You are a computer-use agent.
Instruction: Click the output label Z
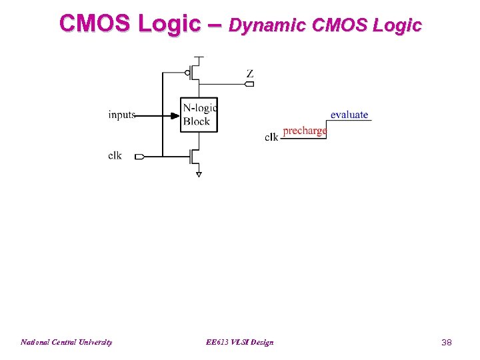pyautogui.click(x=250, y=73)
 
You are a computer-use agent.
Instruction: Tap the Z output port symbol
pyautogui.click(x=250, y=84)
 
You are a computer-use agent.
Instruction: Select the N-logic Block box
pyautogui.click(x=199, y=115)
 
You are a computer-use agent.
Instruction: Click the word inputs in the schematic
pyautogui.click(x=122, y=115)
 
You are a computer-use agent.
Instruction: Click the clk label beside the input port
pyautogui.click(x=115, y=156)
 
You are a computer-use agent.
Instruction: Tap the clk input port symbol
pyautogui.click(x=139, y=157)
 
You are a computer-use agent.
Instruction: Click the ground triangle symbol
pyautogui.click(x=199, y=174)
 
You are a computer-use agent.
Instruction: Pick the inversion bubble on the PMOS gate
pyautogui.click(x=187, y=72)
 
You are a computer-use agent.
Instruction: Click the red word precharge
pyautogui.click(x=305, y=131)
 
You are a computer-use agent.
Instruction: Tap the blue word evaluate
pyautogui.click(x=349, y=115)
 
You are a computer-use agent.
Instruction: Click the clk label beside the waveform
pyautogui.click(x=271, y=137)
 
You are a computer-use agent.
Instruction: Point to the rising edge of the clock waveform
pyautogui.click(x=327, y=129)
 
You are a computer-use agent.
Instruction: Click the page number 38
pyautogui.click(x=447, y=342)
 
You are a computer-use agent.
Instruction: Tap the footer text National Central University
pyautogui.click(x=66, y=342)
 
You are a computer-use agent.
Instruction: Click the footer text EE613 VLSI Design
pyautogui.click(x=240, y=342)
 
